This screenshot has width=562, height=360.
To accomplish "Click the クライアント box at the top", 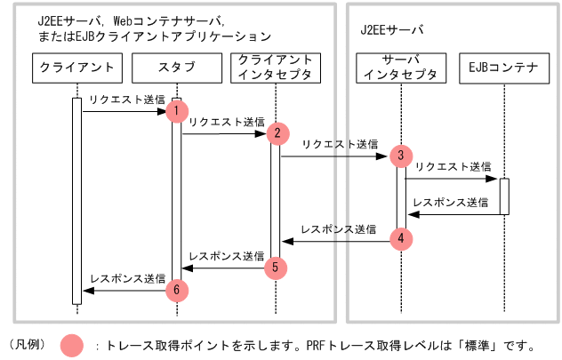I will point(76,67).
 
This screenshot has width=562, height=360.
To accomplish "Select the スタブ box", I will point(176,67).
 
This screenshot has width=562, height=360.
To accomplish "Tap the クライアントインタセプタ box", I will point(275,67).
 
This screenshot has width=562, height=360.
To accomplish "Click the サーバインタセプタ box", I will point(400,67).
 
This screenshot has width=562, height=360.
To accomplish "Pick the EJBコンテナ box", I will point(503,67).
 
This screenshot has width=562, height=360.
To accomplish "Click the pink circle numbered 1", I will point(177,110).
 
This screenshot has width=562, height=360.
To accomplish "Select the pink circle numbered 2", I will point(277,133).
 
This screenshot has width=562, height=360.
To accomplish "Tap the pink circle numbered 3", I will point(401,156).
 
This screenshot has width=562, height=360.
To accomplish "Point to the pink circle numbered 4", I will point(401,239).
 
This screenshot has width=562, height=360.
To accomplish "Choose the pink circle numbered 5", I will point(277,266).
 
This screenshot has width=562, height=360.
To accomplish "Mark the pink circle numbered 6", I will point(177,289).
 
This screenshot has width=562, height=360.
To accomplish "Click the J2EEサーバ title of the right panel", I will point(392,29).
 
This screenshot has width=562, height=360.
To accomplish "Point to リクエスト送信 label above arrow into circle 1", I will point(126,100).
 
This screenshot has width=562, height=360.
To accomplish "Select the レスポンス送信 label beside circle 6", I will point(127,277).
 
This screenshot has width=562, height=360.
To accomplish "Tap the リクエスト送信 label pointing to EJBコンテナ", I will point(453,166).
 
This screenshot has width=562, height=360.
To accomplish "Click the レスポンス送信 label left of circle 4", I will point(338,228).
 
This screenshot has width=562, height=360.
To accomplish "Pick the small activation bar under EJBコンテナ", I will point(503,196).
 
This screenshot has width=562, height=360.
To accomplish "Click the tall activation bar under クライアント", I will point(76,200).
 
